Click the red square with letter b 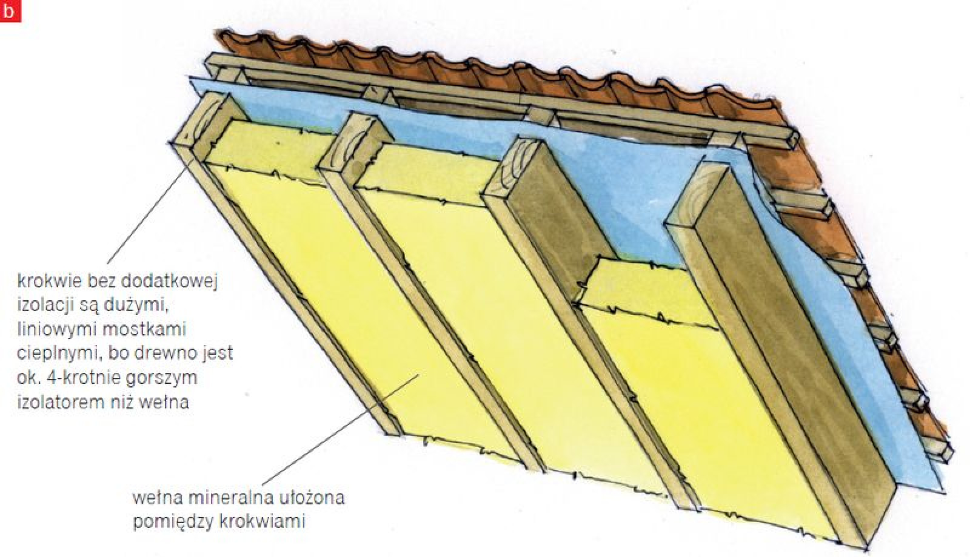point(10,10)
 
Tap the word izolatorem point(61,403)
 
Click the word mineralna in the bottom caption point(226,498)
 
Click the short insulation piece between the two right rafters point(645,291)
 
